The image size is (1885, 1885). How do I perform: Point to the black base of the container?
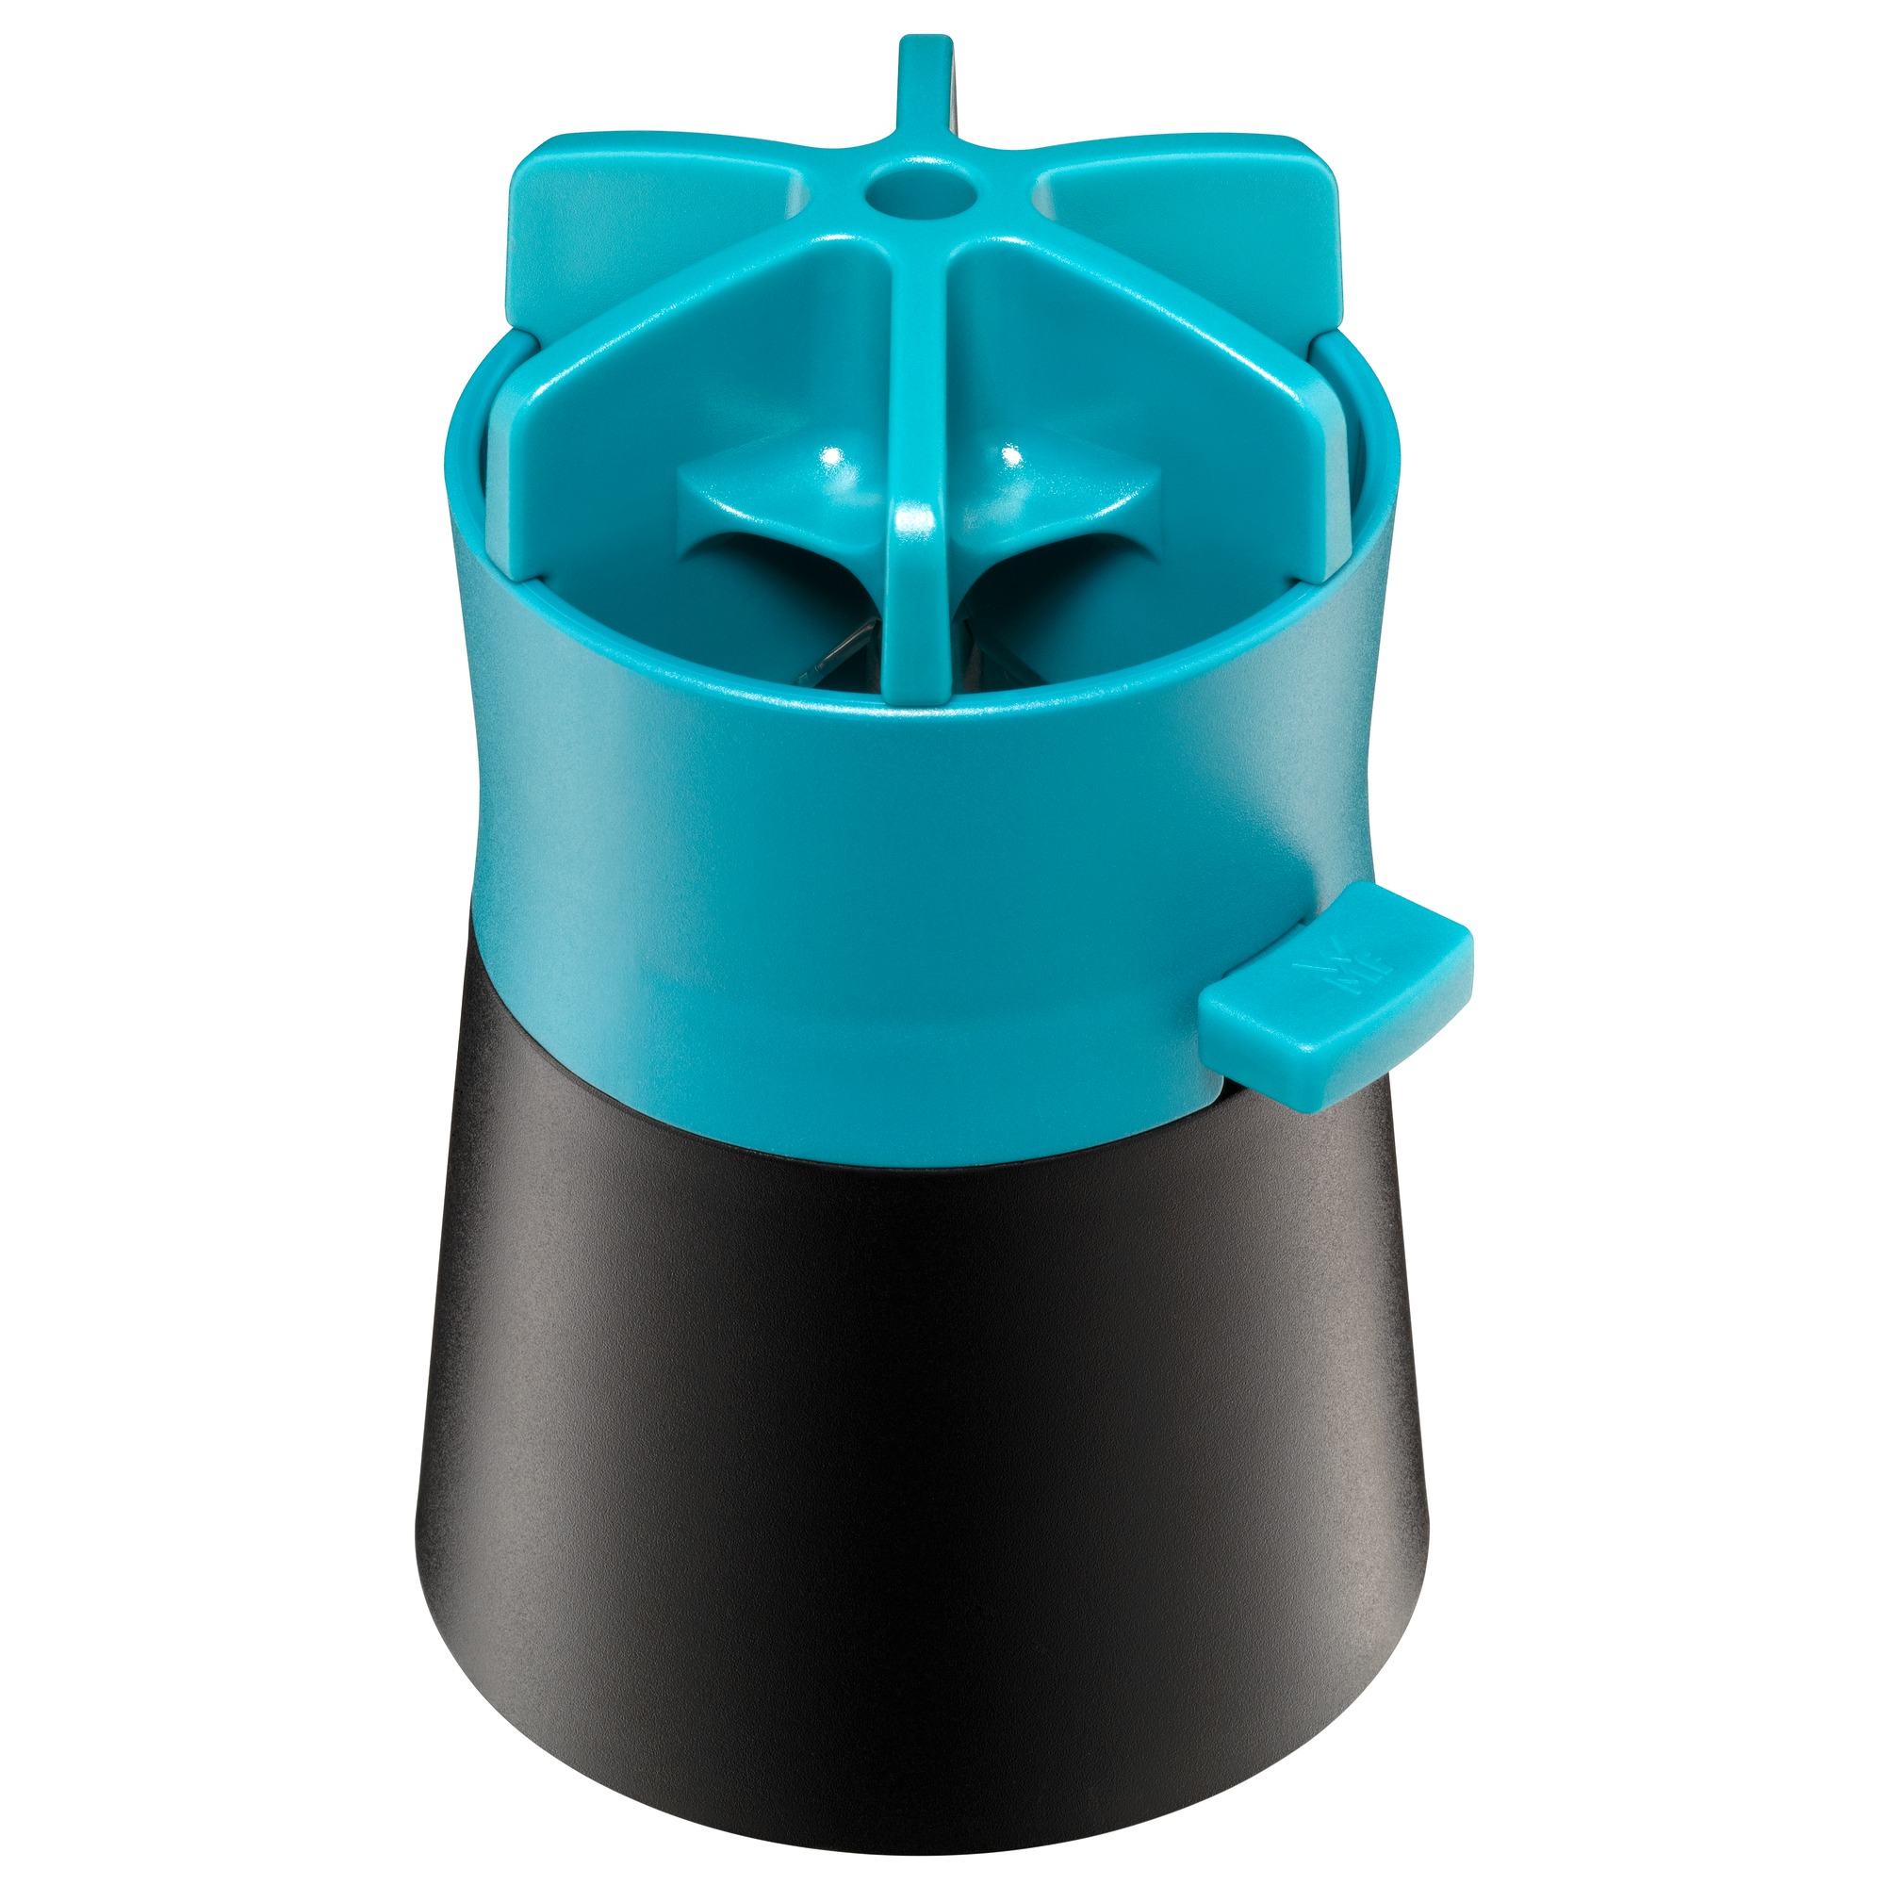(x=917, y=1464)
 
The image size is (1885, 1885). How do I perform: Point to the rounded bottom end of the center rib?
(x=917, y=683)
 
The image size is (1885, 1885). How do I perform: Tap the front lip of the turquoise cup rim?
(x=917, y=727)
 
